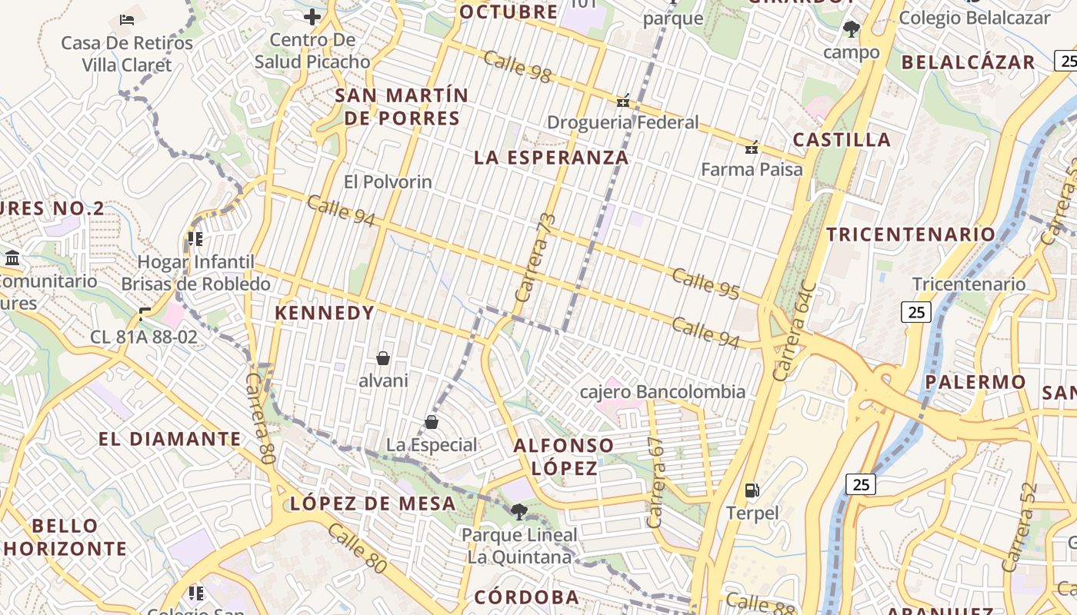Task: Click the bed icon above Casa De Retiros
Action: click(x=128, y=18)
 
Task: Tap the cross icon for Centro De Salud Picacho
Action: click(x=312, y=17)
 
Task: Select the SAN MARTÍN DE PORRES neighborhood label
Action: click(x=402, y=107)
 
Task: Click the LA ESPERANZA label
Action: click(x=552, y=158)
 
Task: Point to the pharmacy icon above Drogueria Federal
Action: click(x=623, y=101)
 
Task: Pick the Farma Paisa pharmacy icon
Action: click(x=752, y=148)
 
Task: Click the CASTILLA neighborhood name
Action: click(x=842, y=140)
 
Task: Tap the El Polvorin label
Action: click(x=388, y=182)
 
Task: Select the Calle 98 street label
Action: click(x=518, y=66)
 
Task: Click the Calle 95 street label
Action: click(x=705, y=284)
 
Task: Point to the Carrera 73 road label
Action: click(x=535, y=257)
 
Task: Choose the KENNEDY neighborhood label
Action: click(x=325, y=313)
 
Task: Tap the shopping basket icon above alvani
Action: click(x=383, y=358)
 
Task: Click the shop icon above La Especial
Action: click(x=432, y=422)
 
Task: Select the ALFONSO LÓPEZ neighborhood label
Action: click(x=564, y=457)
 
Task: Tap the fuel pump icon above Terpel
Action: click(x=752, y=490)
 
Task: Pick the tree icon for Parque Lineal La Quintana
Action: click(x=519, y=511)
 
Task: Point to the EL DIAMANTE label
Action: click(x=170, y=439)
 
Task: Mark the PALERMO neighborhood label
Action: click(x=975, y=382)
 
